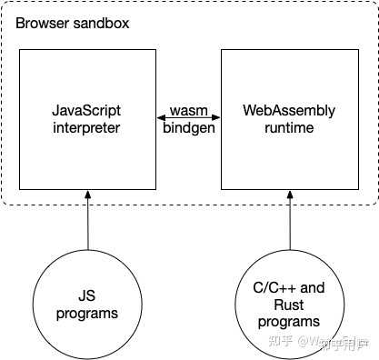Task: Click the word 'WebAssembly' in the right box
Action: click(x=289, y=111)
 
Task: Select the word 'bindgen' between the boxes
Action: click(x=190, y=128)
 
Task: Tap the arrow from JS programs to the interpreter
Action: click(x=88, y=223)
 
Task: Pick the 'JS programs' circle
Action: click(x=88, y=304)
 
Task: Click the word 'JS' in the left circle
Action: click(x=88, y=295)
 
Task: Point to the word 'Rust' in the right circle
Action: click(x=289, y=305)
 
